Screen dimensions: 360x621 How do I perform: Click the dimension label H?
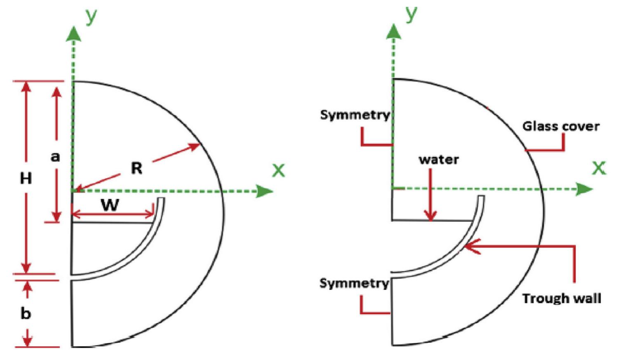click(x=26, y=178)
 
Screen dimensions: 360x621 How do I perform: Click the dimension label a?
click(x=55, y=156)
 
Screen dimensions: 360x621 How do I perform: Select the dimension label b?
click(x=26, y=313)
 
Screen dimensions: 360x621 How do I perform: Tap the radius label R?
click(x=136, y=168)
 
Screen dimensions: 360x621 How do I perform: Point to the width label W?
click(x=110, y=205)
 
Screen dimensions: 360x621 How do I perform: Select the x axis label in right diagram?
click(x=599, y=168)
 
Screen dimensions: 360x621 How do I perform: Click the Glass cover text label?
click(x=561, y=126)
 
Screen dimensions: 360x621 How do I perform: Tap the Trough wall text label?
click(x=562, y=298)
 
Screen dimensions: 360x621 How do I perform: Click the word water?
click(x=439, y=160)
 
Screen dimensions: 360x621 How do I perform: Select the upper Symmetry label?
click(x=355, y=115)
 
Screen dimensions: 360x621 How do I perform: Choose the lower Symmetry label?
click(x=354, y=283)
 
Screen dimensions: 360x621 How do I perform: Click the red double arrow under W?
click(x=112, y=214)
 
